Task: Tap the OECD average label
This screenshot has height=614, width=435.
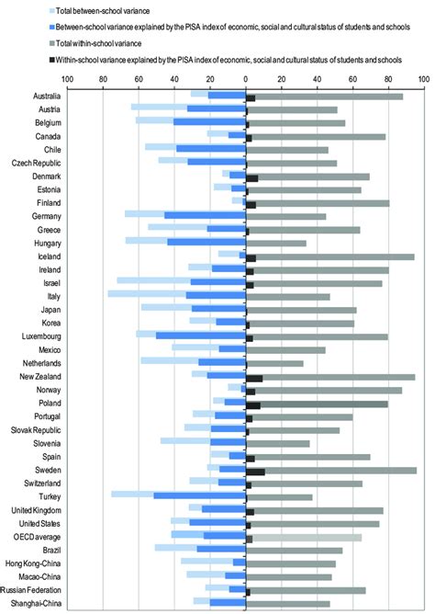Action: pyautogui.click(x=28, y=535)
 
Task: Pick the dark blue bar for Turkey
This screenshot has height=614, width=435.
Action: pyautogui.click(x=199, y=495)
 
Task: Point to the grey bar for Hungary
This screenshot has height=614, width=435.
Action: pyautogui.click(x=277, y=243)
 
